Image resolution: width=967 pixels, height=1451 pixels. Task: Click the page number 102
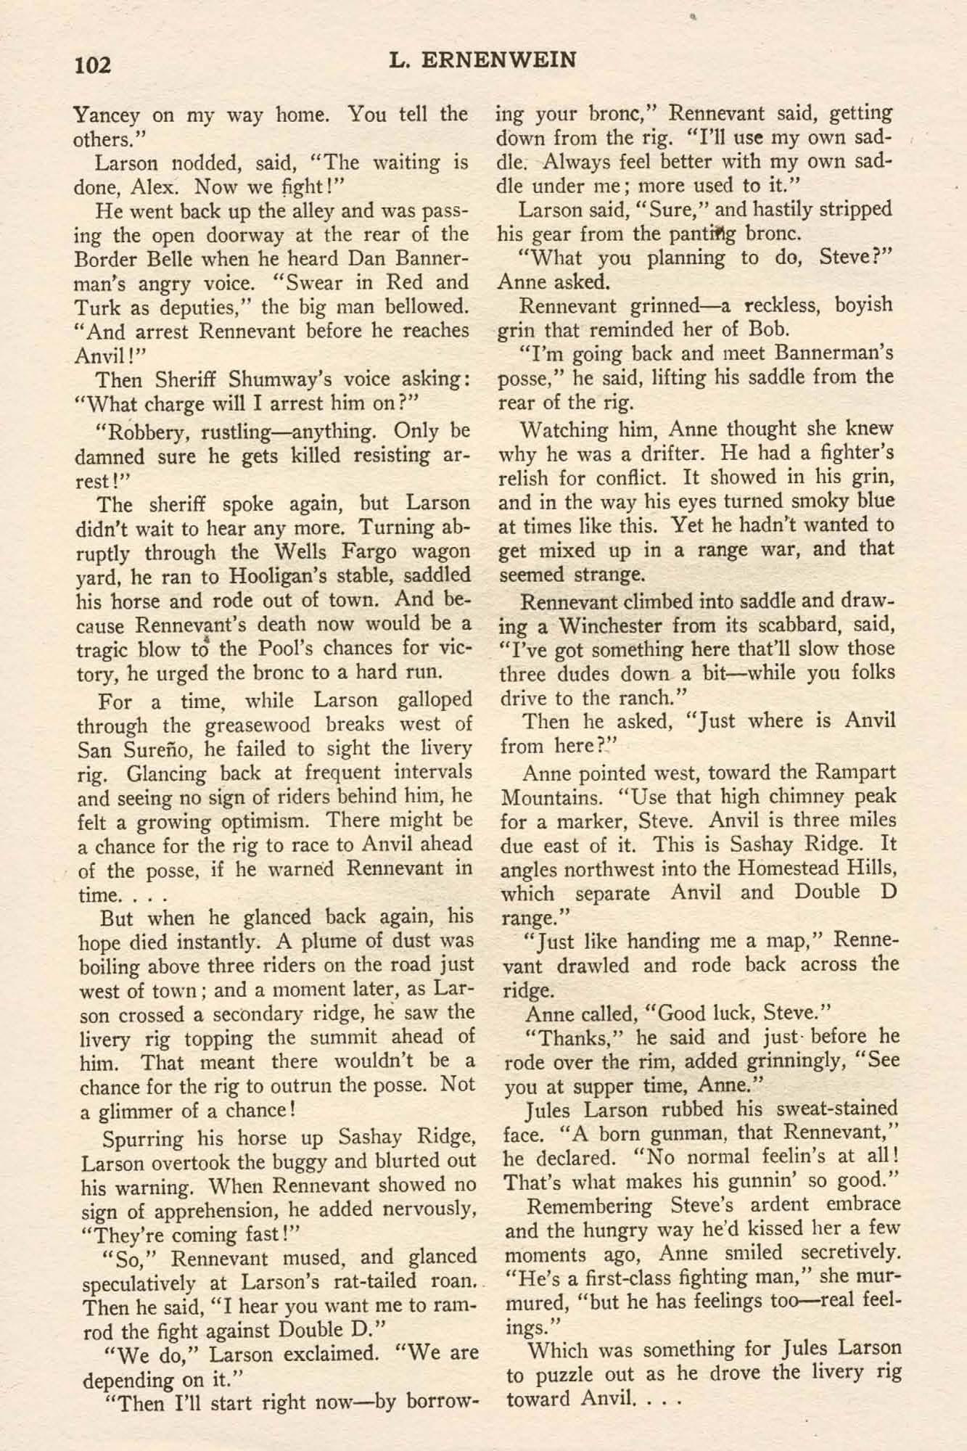pyautogui.click(x=92, y=65)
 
